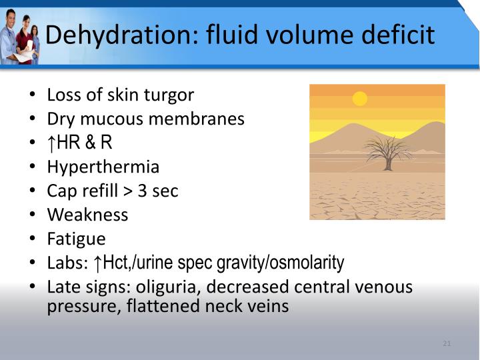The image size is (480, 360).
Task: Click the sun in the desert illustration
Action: [360, 99]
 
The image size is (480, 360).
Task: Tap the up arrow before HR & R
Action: [51, 143]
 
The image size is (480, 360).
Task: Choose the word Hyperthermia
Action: [103, 167]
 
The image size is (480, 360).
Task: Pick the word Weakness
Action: [87, 215]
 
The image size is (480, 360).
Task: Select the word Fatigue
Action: [76, 239]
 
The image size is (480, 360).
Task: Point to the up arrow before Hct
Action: [97, 263]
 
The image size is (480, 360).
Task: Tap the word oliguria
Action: [165, 287]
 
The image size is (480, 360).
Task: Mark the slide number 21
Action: [447, 344]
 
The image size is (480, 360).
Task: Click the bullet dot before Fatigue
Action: [33, 239]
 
